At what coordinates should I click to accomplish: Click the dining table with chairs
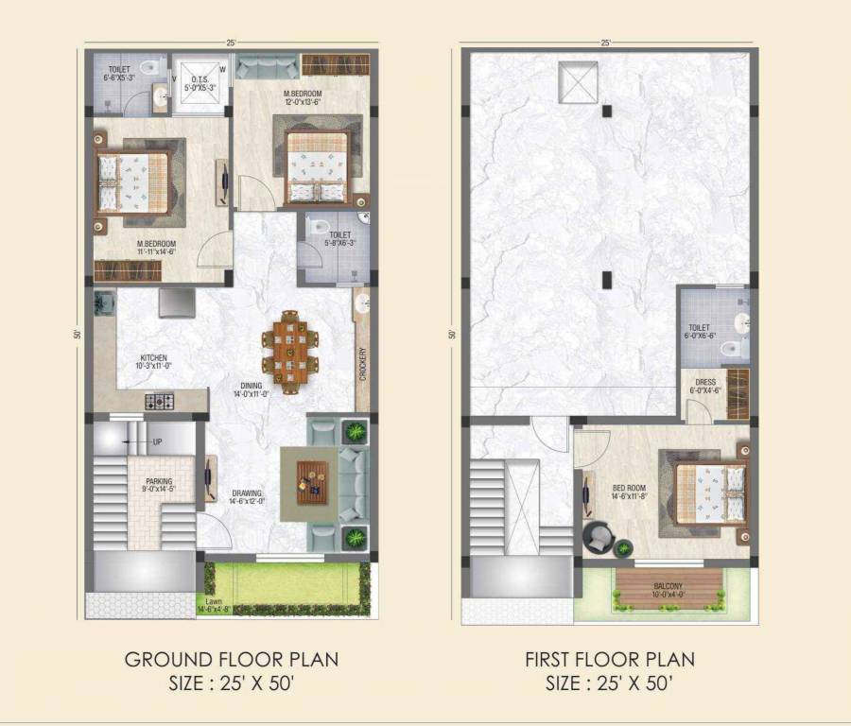point(290,349)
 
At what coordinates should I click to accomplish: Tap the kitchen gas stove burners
point(160,401)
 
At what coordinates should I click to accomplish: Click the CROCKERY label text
point(362,365)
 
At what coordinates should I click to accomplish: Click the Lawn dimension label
point(217,605)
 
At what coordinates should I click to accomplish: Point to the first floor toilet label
point(700,331)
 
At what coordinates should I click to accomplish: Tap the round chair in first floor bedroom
point(599,539)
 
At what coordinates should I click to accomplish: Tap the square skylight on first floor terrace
point(578,82)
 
